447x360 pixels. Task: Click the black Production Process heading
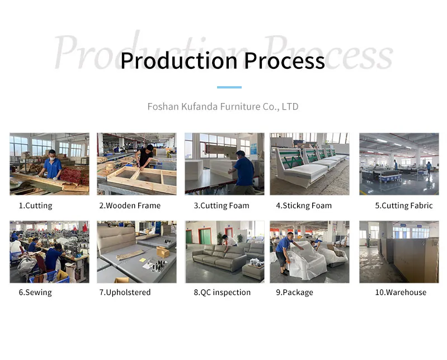[222, 60]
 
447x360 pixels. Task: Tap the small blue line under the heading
[229, 87]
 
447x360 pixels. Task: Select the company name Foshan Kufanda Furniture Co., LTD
[223, 106]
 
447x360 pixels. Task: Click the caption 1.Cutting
[35, 205]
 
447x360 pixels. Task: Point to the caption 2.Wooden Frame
[130, 205]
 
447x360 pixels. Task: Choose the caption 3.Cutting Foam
[222, 205]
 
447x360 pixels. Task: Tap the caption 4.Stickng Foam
[304, 205]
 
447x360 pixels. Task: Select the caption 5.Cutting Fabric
[403, 205]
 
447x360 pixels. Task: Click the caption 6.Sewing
[35, 292]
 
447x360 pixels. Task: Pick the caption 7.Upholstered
[125, 292]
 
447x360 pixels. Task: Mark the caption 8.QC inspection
[222, 292]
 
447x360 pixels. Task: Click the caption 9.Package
[294, 292]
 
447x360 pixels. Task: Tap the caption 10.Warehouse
[401, 292]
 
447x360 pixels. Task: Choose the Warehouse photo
[399, 251]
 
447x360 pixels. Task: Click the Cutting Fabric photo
[399, 163]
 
